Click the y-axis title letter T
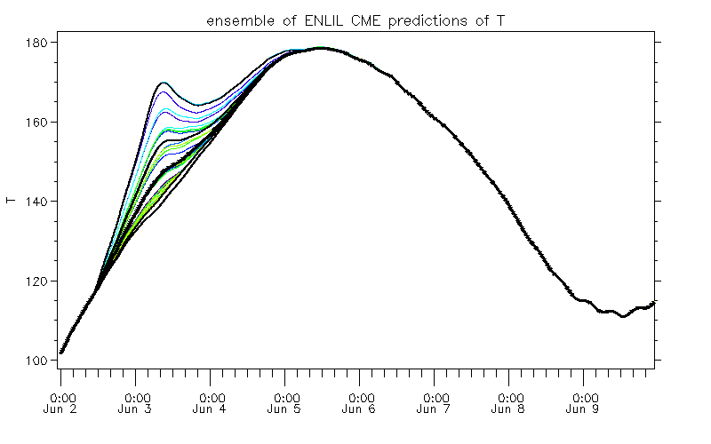point(12,202)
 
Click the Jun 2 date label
point(61,410)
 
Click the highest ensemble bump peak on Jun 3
point(164,83)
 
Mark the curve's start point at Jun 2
point(61,353)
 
